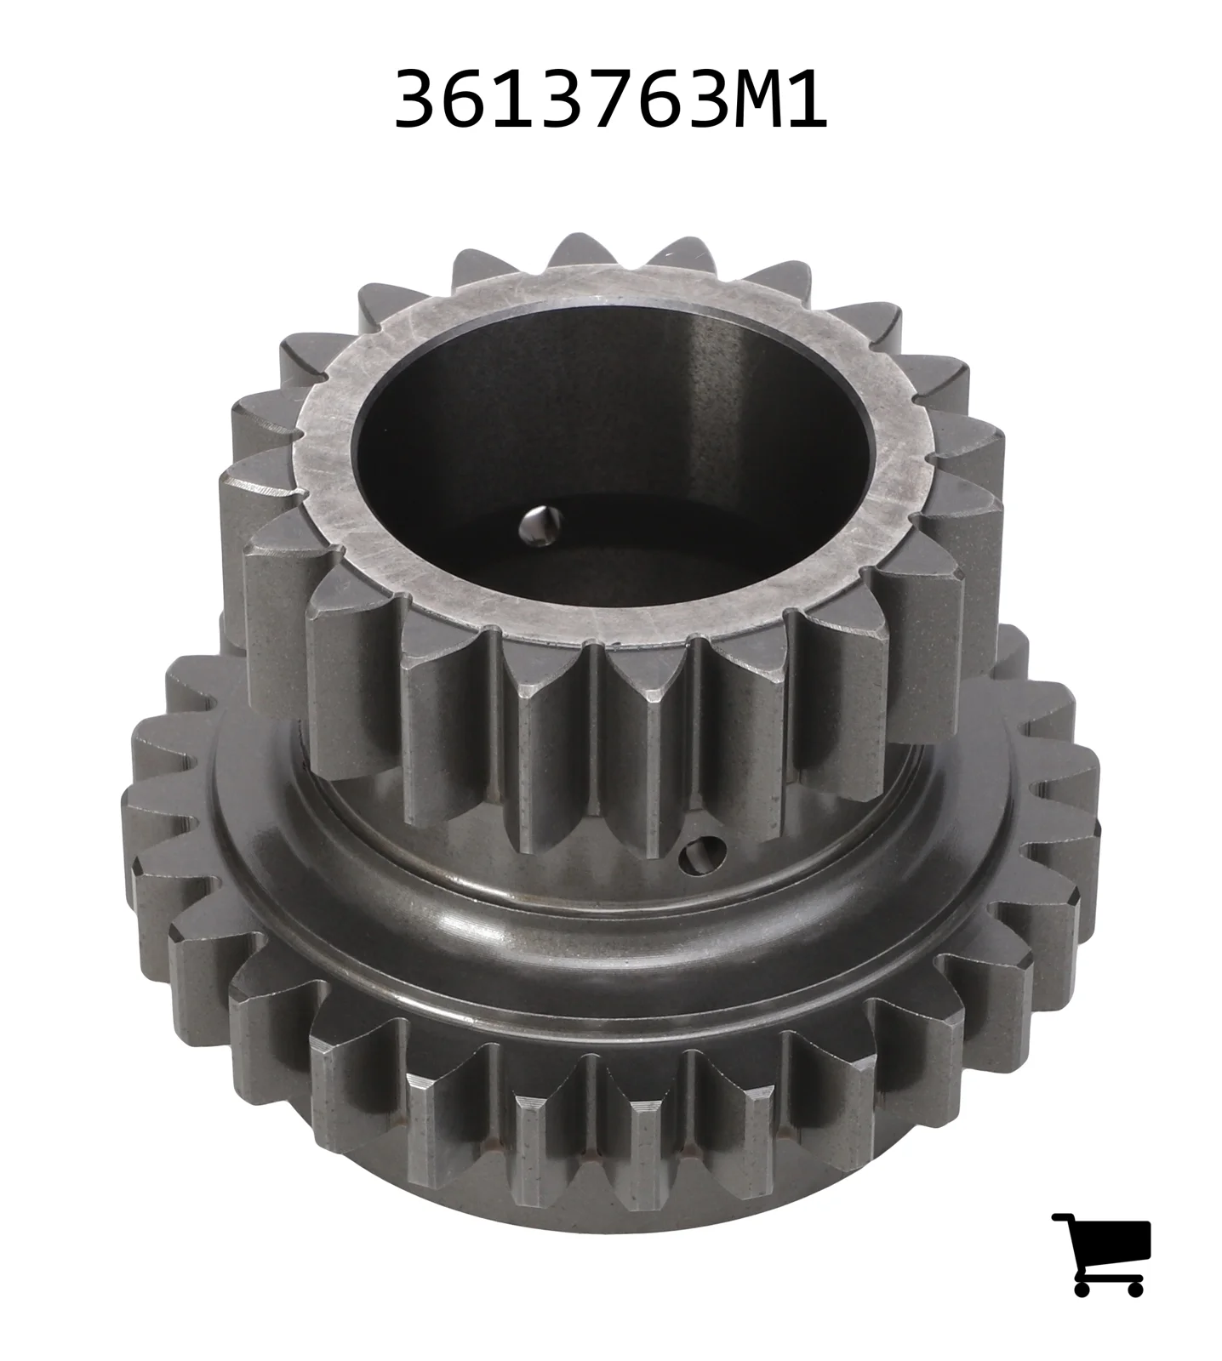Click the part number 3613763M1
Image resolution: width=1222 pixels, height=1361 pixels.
(x=610, y=100)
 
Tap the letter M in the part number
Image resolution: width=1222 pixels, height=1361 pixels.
(x=742, y=100)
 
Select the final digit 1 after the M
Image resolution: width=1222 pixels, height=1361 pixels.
(x=802, y=100)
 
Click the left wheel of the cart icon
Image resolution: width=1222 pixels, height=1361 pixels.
(x=1082, y=1287)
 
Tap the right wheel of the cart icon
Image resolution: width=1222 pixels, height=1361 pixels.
(x=1134, y=1287)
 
